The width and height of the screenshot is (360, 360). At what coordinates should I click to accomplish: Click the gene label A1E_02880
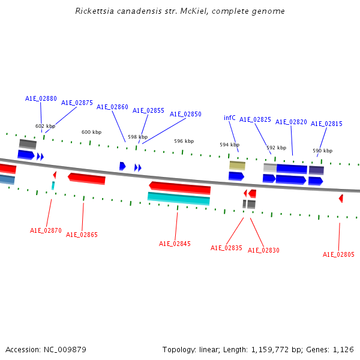point(41,98)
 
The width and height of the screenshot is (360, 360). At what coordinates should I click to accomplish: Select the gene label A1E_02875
point(77,103)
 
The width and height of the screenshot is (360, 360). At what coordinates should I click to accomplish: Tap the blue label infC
point(230,118)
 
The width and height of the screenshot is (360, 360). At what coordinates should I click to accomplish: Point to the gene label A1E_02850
point(185,114)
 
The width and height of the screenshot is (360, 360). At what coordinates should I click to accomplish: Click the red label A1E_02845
point(175,244)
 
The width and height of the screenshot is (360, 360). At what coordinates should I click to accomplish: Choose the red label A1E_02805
point(338,254)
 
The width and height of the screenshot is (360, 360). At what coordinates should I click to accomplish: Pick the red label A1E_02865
point(82,235)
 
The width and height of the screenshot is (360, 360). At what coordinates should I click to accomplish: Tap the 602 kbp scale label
point(45,126)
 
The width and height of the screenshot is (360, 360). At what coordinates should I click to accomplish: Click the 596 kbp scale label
point(184,141)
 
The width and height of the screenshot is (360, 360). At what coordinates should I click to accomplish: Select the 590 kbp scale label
point(322,151)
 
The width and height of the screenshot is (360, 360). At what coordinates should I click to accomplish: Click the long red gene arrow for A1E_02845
point(180,187)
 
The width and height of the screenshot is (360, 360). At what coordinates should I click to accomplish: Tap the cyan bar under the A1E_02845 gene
point(179,198)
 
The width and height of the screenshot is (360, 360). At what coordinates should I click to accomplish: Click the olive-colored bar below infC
point(237,165)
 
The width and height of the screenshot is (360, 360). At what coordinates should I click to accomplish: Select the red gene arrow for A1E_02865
point(87,178)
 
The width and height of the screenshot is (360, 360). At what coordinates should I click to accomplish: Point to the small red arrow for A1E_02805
point(341,198)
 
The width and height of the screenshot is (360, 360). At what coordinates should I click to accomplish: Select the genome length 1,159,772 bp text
point(272,349)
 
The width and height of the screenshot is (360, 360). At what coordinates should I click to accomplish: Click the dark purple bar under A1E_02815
point(316,170)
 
